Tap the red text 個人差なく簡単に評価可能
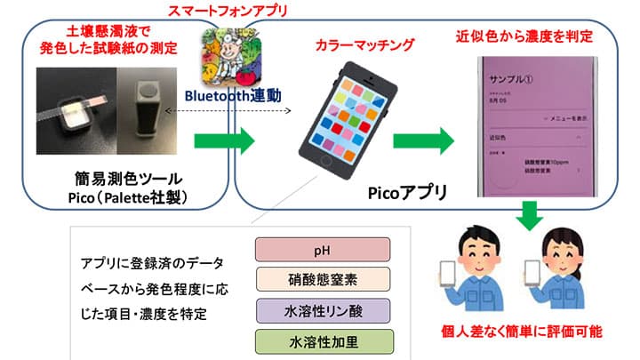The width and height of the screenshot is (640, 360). pyautogui.click(x=522, y=332)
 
